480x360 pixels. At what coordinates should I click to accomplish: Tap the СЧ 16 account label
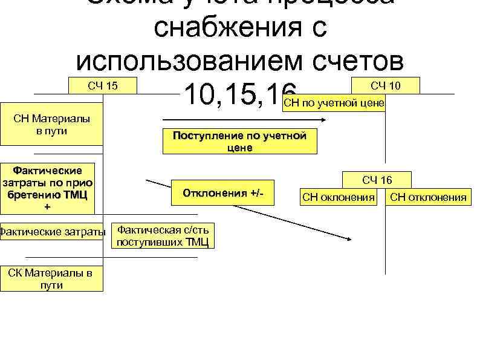point(377,180)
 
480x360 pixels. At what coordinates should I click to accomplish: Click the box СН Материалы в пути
point(51,124)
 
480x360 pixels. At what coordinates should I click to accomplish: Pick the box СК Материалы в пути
point(51,279)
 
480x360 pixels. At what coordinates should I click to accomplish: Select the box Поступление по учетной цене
point(240,142)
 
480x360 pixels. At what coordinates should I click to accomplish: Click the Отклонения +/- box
point(222,193)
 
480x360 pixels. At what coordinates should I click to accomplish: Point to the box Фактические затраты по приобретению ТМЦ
point(48,188)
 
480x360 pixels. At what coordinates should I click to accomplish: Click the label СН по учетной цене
point(334,103)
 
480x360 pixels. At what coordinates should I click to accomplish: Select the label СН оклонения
point(339,197)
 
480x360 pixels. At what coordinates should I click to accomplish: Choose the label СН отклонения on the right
point(428,197)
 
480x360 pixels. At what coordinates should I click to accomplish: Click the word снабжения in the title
point(240,28)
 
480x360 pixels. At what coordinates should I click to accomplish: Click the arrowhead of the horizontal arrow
point(325,120)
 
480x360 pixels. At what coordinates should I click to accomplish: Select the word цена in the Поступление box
point(240,148)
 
